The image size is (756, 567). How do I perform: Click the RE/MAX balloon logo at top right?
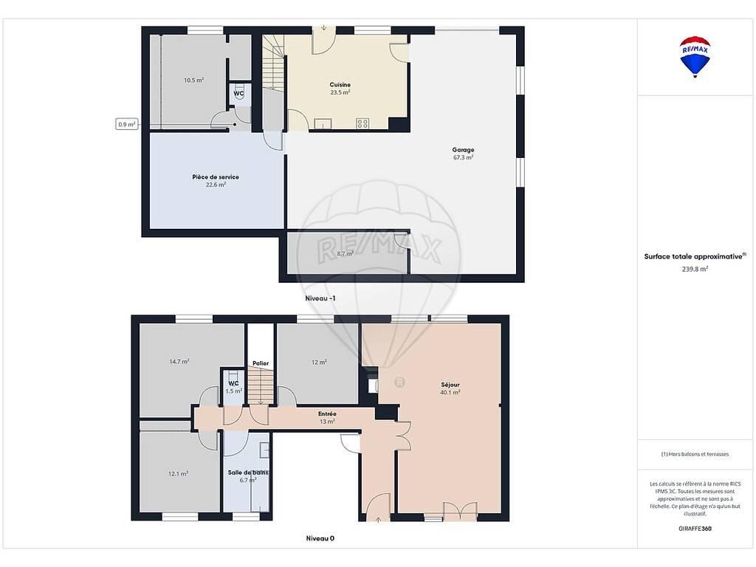[x=695, y=57]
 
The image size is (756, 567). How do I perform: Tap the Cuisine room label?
[x=340, y=85]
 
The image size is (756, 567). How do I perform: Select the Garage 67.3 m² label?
[x=463, y=154]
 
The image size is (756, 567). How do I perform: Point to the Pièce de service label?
[x=216, y=177]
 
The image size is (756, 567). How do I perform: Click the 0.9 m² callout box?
[x=127, y=124]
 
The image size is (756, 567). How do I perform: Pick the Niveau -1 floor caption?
[x=320, y=298]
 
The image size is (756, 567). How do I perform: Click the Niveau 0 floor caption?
[x=320, y=538]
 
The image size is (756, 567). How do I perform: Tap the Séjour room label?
[x=450, y=385]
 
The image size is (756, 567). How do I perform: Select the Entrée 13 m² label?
[x=327, y=418]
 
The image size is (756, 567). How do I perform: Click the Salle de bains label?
[x=248, y=472]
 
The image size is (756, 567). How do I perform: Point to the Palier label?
[x=261, y=363]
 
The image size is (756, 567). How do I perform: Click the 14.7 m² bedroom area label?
[x=179, y=362]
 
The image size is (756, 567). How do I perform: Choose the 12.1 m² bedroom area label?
[x=178, y=474]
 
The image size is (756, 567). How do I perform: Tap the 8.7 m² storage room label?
[x=346, y=254]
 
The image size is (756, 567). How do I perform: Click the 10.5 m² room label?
[x=193, y=80]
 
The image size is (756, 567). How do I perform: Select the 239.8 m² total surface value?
[x=695, y=269]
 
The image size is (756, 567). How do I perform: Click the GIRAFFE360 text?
[x=695, y=529]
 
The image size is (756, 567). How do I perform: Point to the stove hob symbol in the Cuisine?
[x=362, y=123]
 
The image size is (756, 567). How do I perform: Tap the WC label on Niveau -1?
[x=238, y=94]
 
